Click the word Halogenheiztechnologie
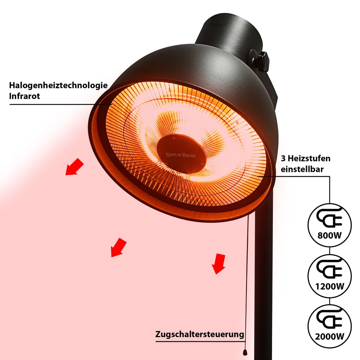[x=58, y=85]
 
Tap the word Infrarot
[x=24, y=96]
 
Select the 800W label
[x=329, y=235]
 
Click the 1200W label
[x=330, y=286]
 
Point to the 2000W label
[x=330, y=336]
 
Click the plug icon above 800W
[x=329, y=217]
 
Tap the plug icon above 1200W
[x=329, y=268]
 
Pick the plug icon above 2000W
[x=329, y=319]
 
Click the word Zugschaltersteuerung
[x=200, y=334]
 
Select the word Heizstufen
[x=309, y=158]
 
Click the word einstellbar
[x=302, y=169]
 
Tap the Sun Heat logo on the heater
[x=181, y=155]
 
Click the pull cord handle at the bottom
[x=245, y=352]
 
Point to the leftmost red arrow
[x=75, y=167]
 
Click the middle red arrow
[x=119, y=247]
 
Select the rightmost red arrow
[x=219, y=264]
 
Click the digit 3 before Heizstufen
[x=283, y=158]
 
